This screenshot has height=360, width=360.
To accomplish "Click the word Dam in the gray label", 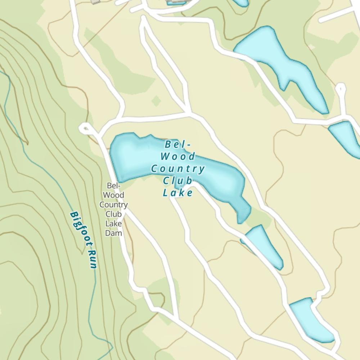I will pos(113,233).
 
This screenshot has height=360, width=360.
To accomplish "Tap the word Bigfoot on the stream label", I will pos(79,229).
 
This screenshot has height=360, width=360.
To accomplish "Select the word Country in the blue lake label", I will pos(178,168).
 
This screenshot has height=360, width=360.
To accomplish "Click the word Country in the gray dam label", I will pos(113,204).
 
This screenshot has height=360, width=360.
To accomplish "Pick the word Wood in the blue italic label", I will pos(178,156).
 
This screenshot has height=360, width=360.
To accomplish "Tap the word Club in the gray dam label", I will pos(113,214).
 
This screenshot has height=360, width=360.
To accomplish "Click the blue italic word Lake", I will pos(178,193).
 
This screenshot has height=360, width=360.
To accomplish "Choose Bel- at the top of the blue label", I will pos(178,144).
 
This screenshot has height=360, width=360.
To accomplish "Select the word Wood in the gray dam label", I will pos(113,195).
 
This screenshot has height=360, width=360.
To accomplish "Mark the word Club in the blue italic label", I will pos(178,181).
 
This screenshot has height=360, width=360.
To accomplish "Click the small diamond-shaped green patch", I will pos(156,101).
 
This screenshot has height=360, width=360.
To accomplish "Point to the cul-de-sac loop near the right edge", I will pos(340,87).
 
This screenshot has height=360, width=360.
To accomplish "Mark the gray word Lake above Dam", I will pos(113,224).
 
